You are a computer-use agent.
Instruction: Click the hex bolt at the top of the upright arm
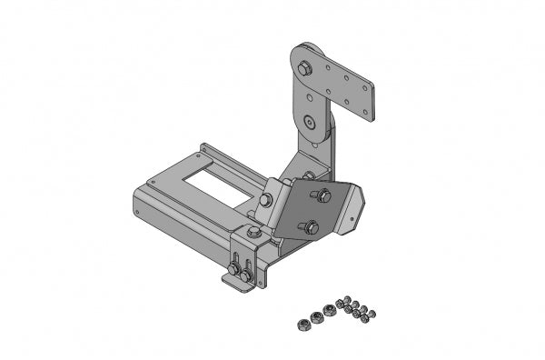pyautogui.click(x=303, y=67)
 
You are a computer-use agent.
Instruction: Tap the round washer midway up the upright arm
pyautogui.click(x=312, y=121)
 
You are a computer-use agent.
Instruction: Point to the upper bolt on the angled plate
pyautogui.click(x=322, y=195)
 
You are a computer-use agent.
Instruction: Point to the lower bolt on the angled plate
pyautogui.click(x=311, y=226)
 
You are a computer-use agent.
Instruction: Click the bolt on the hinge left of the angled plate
pyautogui.click(x=265, y=200)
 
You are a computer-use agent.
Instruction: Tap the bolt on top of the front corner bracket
pyautogui.click(x=253, y=235)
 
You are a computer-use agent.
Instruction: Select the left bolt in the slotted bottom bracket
pyautogui.click(x=235, y=269)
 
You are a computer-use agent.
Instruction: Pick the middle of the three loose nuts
pyautogui.click(x=316, y=317)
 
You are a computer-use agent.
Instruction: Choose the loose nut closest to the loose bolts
pyautogui.click(x=329, y=312)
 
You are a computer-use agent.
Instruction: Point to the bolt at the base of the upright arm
pyautogui.click(x=310, y=175)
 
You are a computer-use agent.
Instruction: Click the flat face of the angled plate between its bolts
pyautogui.click(x=313, y=211)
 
